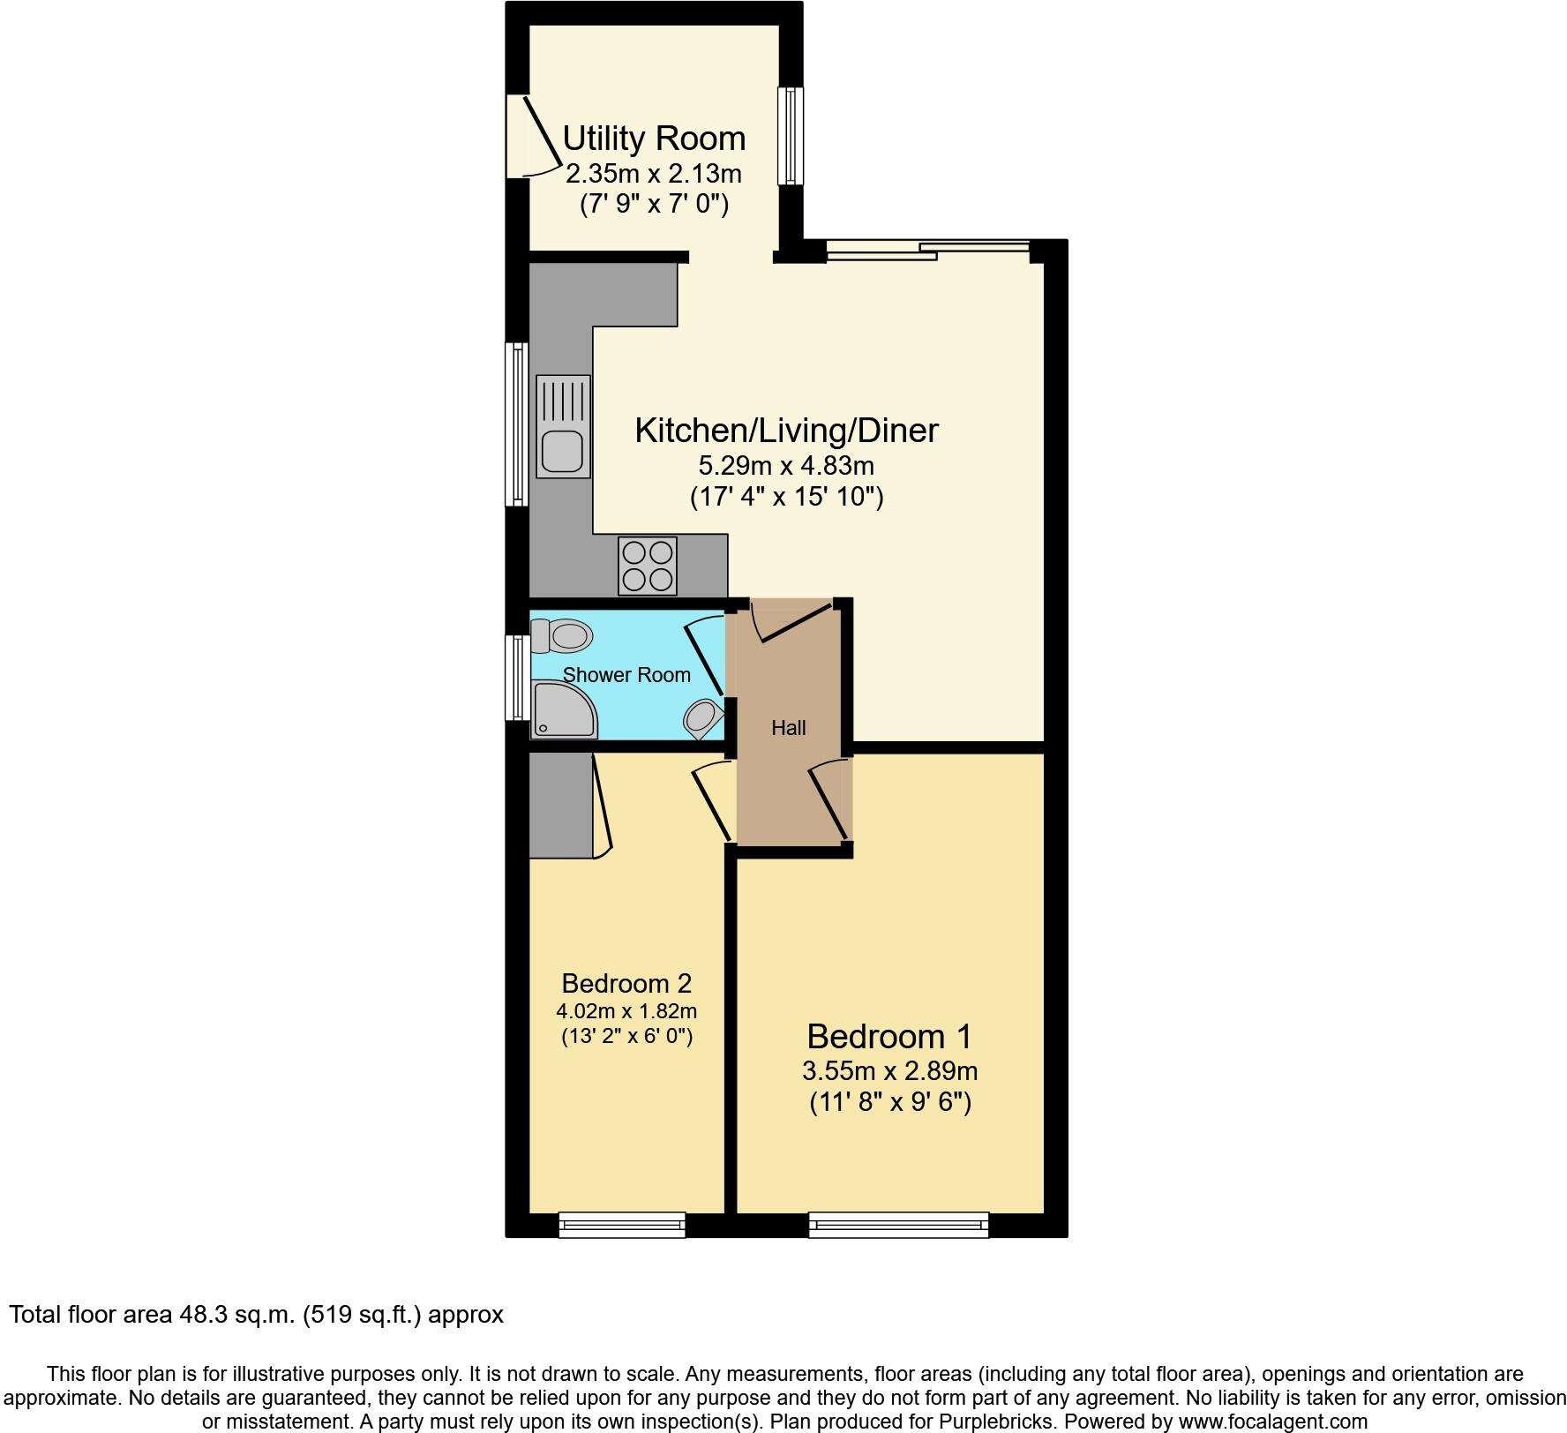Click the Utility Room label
click(654, 139)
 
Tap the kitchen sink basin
click(562, 450)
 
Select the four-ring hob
click(649, 566)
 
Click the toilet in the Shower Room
click(562, 635)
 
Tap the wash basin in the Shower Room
click(702, 716)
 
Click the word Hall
click(788, 728)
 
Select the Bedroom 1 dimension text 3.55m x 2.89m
click(889, 1071)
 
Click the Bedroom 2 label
click(626, 983)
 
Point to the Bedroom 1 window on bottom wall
click(898, 1225)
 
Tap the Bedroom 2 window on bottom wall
click(622, 1225)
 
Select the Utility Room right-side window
click(791, 136)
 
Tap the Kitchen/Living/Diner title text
click(786, 431)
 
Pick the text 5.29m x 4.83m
click(786, 465)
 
